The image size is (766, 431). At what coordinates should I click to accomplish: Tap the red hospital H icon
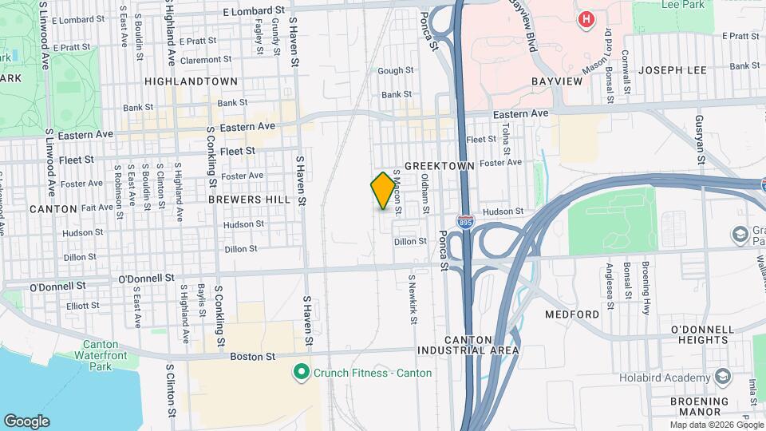coord(587,18)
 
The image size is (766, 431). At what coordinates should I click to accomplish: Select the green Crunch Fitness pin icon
coord(301,372)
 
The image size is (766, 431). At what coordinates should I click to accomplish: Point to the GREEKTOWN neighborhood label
coord(439,165)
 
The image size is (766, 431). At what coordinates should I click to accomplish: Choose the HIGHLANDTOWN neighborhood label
coord(191,81)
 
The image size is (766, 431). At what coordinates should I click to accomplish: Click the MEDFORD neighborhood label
coord(572,314)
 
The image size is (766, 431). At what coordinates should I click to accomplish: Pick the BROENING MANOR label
coord(699,407)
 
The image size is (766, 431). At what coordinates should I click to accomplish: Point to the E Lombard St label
coord(254,11)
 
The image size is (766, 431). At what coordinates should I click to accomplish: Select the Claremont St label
coord(205,60)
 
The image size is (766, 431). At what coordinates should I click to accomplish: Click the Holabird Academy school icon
coord(723,375)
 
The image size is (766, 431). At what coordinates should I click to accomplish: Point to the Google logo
coord(26,421)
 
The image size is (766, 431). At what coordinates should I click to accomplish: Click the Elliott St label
coord(83,305)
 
